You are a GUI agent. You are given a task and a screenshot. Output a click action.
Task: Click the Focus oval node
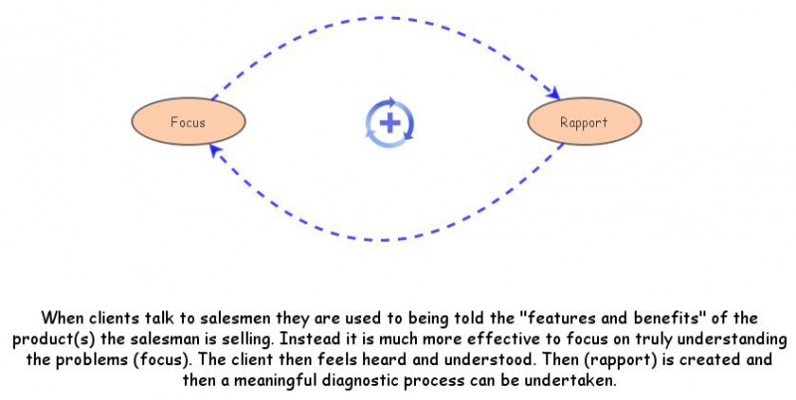(x=188, y=122)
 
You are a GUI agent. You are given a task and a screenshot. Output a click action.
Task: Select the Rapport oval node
(x=584, y=122)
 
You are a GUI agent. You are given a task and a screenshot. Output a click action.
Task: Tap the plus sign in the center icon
(x=390, y=123)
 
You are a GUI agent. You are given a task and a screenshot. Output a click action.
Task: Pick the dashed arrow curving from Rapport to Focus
(x=388, y=240)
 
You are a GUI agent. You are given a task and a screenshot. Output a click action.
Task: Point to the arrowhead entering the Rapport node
(x=551, y=96)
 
